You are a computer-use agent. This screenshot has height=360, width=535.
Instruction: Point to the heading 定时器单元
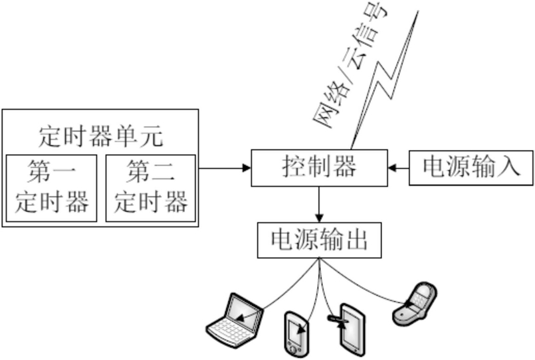click(101, 137)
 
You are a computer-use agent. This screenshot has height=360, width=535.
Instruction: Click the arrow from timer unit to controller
click(225, 168)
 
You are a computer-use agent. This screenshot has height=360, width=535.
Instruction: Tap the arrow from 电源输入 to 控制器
click(399, 168)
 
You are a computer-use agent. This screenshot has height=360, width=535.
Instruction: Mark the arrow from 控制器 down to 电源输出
click(320, 205)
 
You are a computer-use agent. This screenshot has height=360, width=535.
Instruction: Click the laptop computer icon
click(235, 320)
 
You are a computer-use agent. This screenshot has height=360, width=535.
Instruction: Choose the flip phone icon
click(415, 304)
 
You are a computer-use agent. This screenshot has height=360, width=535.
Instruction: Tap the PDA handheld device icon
click(296, 333)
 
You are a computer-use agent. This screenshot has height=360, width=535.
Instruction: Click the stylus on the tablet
click(338, 319)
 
